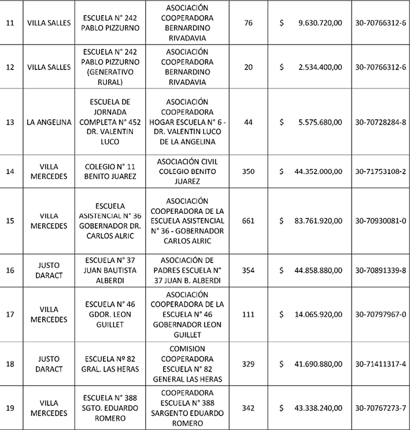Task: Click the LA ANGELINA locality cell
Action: pyautogui.click(x=49, y=122)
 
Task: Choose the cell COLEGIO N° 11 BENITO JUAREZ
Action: pyautogui.click(x=110, y=171)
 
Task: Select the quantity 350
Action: pyautogui.click(x=248, y=171)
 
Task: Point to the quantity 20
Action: pyautogui.click(x=248, y=67)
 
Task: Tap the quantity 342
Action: pyautogui.click(x=248, y=407)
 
